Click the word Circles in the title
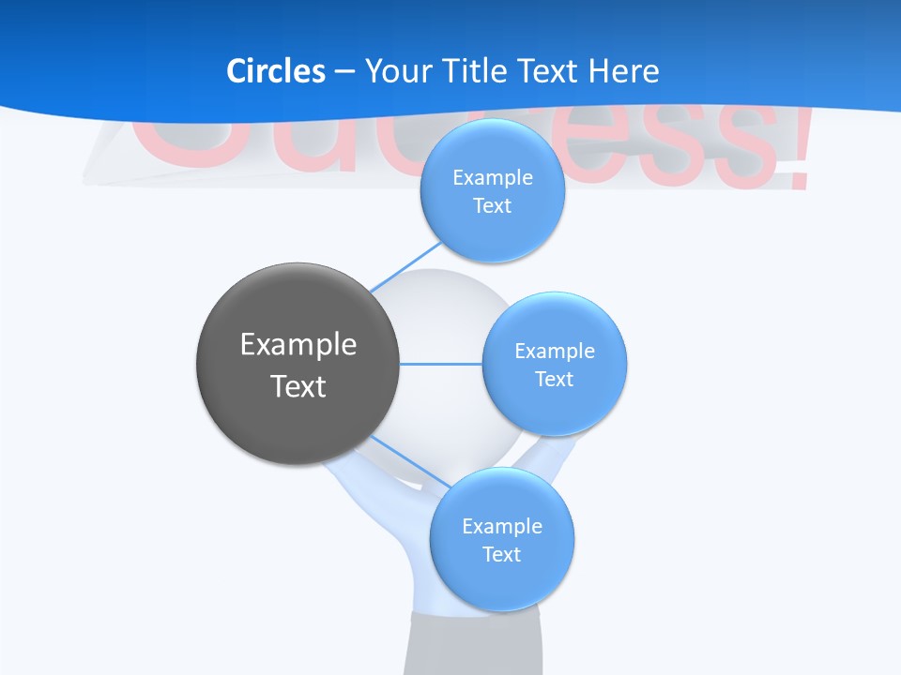[x=275, y=70]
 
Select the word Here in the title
[x=623, y=70]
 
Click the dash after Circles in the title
[x=344, y=71]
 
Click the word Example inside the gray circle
[x=298, y=344]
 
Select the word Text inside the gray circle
[x=298, y=386]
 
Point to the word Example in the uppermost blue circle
[x=493, y=177]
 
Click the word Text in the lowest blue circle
[x=501, y=554]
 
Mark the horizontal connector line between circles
[x=441, y=364]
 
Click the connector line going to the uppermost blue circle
[x=405, y=265]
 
